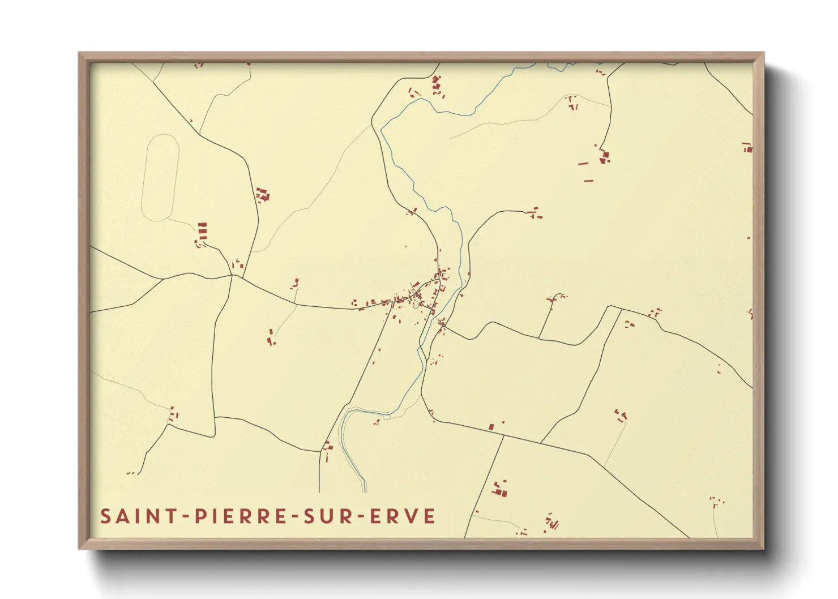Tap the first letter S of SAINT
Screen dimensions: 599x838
pyautogui.click(x=106, y=516)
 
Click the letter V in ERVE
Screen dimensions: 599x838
pyautogui.click(x=413, y=516)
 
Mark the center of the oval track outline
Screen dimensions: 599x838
pyautogui.click(x=160, y=177)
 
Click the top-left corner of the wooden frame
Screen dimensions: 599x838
pyautogui.click(x=79, y=53)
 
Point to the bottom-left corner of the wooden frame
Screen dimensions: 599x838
pyautogui.click(x=79, y=548)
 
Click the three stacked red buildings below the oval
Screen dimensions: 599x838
pyautogui.click(x=202, y=230)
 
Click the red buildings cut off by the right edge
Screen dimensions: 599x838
pyautogui.click(x=749, y=148)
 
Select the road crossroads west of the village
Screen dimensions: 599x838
pyautogui.click(x=232, y=276)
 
